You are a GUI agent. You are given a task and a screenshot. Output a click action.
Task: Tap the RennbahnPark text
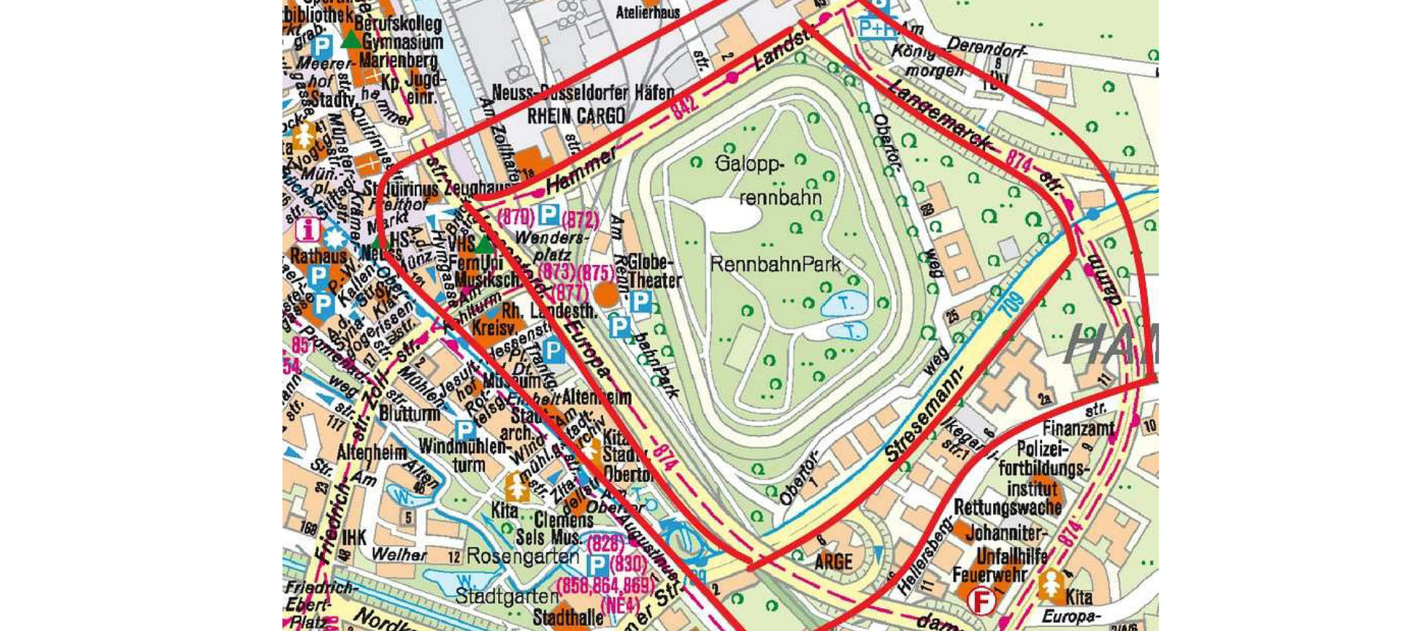(775, 264)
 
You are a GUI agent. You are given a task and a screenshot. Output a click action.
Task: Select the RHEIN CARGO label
(576, 116)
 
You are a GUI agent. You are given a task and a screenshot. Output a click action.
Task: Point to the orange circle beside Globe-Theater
(605, 294)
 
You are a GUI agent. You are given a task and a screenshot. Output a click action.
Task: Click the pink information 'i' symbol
(307, 229)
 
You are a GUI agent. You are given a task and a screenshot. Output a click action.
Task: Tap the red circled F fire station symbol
(982, 601)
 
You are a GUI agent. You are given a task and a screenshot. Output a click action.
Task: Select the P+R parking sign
(877, 28)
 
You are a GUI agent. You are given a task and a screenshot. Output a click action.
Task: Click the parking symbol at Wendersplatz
(548, 215)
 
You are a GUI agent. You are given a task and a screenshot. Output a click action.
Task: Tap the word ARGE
(833, 562)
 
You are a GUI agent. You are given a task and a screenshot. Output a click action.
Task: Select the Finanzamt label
(1078, 428)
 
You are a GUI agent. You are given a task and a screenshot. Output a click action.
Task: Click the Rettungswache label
(1007, 507)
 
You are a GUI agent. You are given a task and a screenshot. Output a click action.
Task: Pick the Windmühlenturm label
(461, 455)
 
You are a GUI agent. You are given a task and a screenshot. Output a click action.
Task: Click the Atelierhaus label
(648, 12)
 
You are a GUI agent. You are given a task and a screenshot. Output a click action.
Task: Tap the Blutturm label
(410, 413)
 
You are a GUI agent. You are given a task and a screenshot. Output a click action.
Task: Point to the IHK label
(354, 538)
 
